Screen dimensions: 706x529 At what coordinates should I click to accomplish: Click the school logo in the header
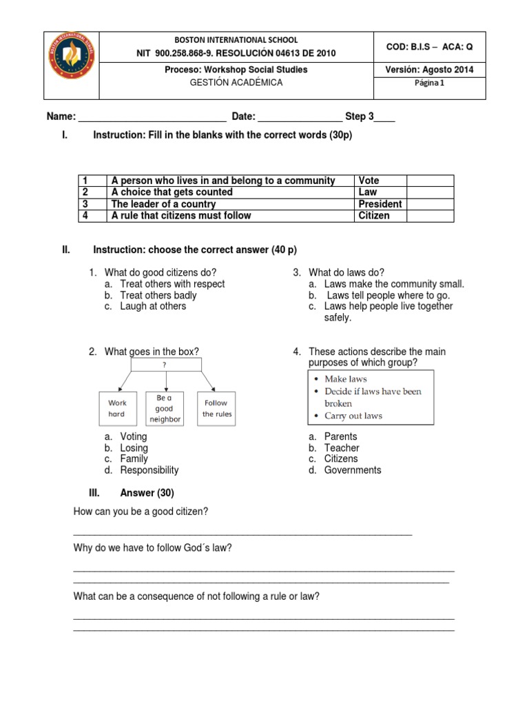pyautogui.click(x=72, y=65)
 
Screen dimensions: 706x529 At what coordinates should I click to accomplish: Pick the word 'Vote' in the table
pyautogui.click(x=369, y=181)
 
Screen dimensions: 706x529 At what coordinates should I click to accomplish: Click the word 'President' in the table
pyautogui.click(x=380, y=204)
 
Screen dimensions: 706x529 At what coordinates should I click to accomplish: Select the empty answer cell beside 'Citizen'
pyautogui.click(x=430, y=216)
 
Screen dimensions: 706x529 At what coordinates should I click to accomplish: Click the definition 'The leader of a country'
pyautogui.click(x=163, y=204)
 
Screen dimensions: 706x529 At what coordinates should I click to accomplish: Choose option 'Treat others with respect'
pyautogui.click(x=172, y=284)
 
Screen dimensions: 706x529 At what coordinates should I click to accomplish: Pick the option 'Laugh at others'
pyautogui.click(x=153, y=306)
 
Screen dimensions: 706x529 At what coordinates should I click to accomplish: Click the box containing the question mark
pyautogui.click(x=165, y=365)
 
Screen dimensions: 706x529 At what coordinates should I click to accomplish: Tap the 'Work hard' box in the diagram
pyautogui.click(x=117, y=408)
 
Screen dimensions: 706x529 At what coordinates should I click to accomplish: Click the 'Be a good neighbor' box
pyautogui.click(x=165, y=408)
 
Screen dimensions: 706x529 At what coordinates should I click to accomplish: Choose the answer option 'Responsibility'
pyautogui.click(x=149, y=470)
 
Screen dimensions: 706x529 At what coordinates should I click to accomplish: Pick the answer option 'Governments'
pyautogui.click(x=353, y=470)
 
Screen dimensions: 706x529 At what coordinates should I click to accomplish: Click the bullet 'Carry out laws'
pyautogui.click(x=353, y=416)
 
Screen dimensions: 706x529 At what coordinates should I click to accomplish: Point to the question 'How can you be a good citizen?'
pyautogui.click(x=141, y=511)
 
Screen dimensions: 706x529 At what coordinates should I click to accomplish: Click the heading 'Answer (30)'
pyautogui.click(x=147, y=493)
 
